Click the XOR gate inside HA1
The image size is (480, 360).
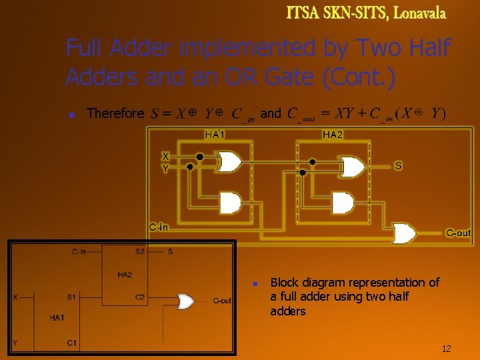230,162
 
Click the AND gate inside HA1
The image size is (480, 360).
230,202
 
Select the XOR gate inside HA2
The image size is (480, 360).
352,167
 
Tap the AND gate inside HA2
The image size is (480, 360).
343,202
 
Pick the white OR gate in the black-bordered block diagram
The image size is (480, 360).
185,301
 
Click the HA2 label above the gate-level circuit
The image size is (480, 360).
333,135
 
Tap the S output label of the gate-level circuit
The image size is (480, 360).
398,165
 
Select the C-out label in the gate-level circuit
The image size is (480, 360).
458,233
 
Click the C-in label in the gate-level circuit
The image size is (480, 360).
159,227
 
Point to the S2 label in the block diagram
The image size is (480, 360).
140,252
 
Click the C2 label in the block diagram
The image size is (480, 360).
140,297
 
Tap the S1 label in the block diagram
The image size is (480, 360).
71,297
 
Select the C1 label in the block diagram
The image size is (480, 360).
73,343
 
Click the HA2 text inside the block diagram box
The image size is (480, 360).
125,275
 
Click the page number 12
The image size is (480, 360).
446,349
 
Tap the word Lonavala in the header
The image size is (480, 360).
420,13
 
